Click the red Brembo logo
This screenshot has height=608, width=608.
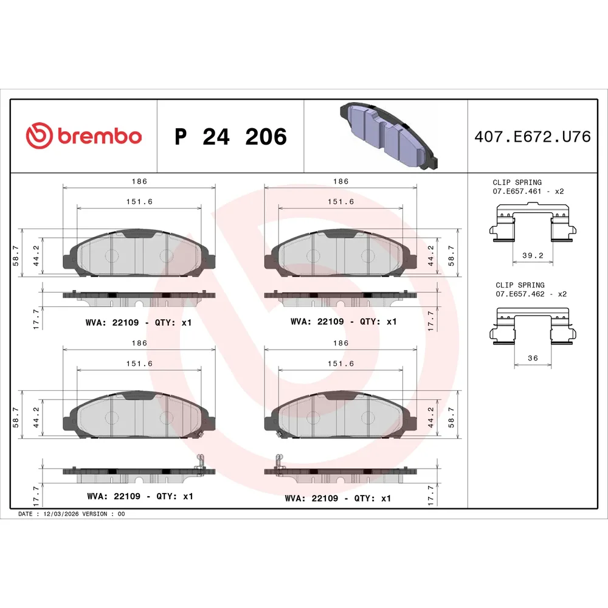(x=84, y=136)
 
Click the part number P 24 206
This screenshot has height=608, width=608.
(x=230, y=136)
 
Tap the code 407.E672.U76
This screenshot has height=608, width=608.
(x=533, y=136)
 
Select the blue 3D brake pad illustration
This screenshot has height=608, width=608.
(x=389, y=136)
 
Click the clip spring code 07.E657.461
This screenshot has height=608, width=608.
(x=517, y=191)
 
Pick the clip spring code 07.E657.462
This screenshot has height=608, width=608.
(x=520, y=294)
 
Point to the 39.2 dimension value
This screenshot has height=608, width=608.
(x=533, y=255)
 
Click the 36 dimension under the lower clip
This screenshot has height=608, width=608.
(x=533, y=358)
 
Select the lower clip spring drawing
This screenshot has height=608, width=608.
(x=533, y=326)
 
